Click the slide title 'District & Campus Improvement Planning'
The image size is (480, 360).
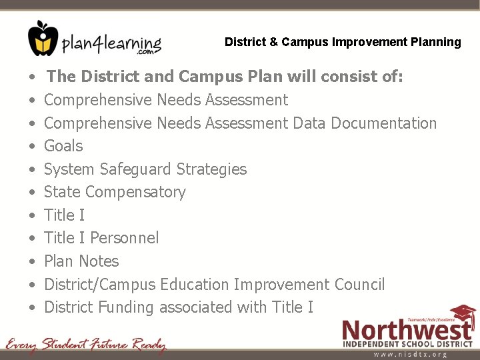[x=343, y=42]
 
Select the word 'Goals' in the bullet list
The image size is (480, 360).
[x=63, y=146]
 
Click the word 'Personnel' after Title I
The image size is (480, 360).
[x=125, y=238]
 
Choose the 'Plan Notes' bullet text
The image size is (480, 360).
[x=81, y=261]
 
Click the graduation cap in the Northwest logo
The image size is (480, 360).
[x=462, y=315]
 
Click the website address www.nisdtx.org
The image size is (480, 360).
[x=410, y=355]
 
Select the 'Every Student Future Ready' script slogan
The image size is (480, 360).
[x=86, y=345]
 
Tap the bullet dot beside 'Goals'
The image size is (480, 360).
[x=32, y=147]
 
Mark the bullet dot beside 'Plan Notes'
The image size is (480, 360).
[x=32, y=262]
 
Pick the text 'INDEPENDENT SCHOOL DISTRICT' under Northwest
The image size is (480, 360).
[x=407, y=344]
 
